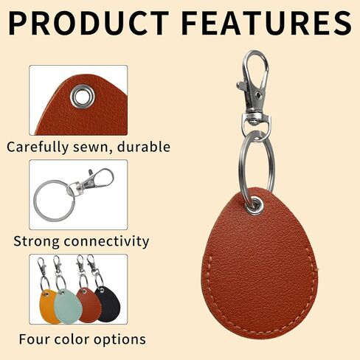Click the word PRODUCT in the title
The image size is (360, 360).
click(x=88, y=23)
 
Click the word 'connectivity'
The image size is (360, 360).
click(x=108, y=241)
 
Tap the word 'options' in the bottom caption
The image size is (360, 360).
click(x=117, y=340)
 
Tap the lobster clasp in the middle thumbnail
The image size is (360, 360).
click(x=94, y=181)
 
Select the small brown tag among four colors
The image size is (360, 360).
click(x=88, y=304)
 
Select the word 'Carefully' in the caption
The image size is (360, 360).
click(x=39, y=146)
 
